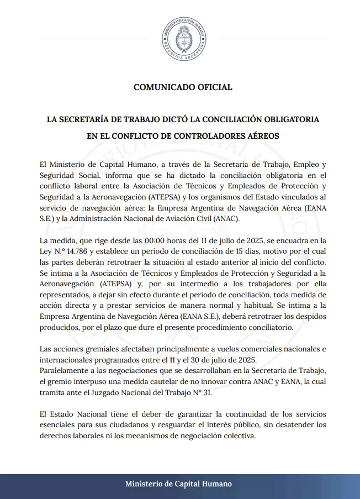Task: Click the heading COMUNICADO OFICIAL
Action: coord(183,87)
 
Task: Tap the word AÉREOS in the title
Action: coord(261,135)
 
